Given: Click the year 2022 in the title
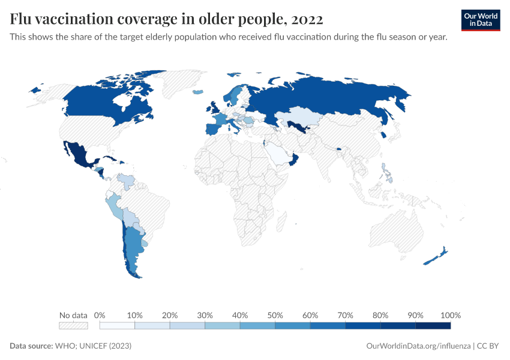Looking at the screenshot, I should click(307, 19).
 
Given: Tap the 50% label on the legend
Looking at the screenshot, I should click(275, 315).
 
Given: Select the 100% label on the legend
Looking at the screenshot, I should click(450, 315).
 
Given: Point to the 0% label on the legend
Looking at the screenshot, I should click(100, 315).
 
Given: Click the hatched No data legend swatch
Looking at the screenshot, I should click(73, 326).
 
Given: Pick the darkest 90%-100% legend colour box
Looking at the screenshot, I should click(433, 326).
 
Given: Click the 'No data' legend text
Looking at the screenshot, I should click(73, 315).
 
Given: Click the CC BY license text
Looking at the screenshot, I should click(488, 346).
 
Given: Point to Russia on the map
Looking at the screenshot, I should click(336, 96).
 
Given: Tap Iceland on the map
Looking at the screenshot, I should click(199, 92).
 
